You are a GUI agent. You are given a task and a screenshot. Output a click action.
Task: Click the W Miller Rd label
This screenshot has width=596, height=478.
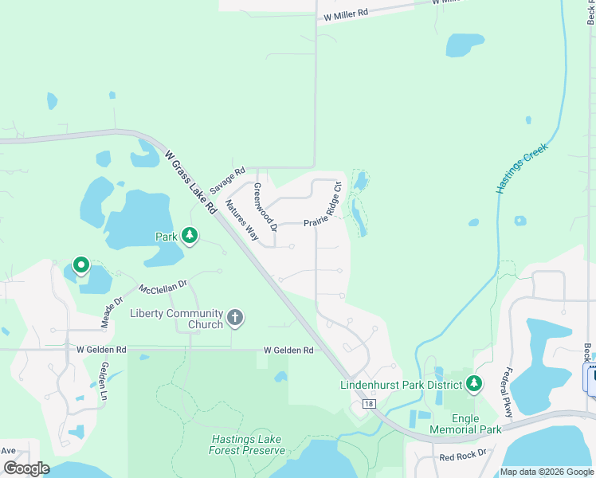346,14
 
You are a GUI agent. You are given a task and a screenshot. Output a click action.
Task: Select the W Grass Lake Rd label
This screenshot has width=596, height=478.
191,181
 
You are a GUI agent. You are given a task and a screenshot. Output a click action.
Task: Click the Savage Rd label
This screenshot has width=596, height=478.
229,178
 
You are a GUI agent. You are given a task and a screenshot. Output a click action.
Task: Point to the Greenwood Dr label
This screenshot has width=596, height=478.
264,207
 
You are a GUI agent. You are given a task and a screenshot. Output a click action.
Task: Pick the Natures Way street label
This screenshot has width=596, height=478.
241,220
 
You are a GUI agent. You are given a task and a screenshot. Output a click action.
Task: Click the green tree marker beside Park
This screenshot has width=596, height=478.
190,235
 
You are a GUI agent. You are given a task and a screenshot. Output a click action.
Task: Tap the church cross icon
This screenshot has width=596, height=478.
235,318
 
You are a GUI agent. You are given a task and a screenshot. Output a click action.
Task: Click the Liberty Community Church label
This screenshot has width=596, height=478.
177,319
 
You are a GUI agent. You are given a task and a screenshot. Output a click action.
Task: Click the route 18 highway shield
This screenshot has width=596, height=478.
368,404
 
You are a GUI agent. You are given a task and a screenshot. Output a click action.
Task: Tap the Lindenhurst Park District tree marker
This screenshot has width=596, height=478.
474,385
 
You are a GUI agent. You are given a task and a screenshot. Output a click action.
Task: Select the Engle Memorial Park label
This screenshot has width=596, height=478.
465,424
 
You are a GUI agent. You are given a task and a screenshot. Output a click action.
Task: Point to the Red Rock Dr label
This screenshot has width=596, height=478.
463,458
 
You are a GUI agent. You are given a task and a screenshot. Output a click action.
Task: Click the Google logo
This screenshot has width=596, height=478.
26,468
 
